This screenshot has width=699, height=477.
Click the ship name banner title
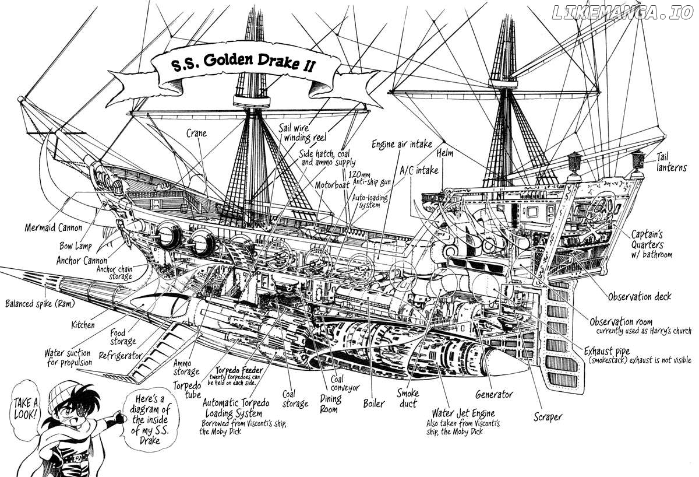(x=243, y=64)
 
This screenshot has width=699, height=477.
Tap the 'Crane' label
(x=196, y=134)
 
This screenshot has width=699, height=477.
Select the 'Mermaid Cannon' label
(x=54, y=228)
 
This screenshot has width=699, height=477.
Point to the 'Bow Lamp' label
(x=76, y=246)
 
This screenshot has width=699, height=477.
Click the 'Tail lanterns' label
(x=671, y=162)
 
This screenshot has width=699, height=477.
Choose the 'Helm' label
(x=444, y=153)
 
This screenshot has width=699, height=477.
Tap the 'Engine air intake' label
(x=402, y=144)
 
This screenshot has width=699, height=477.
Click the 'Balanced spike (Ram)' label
(x=40, y=303)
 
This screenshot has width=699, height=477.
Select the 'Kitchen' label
(x=83, y=325)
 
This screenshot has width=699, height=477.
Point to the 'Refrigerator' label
(x=121, y=356)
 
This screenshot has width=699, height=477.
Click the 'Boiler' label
(x=374, y=404)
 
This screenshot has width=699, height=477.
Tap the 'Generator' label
(x=494, y=395)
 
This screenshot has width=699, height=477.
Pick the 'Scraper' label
(x=548, y=417)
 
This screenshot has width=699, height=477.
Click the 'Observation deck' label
(x=640, y=296)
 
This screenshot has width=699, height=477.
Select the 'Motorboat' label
(x=331, y=185)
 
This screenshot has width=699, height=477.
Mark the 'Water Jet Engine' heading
(x=464, y=413)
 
